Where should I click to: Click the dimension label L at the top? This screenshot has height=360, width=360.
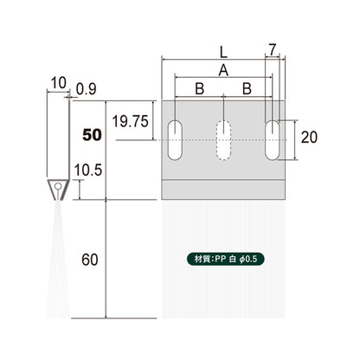point(223,52)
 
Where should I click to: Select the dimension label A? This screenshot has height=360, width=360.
point(223,70)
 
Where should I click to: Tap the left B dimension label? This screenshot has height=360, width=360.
point(200,89)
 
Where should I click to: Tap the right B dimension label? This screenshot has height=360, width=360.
point(247,89)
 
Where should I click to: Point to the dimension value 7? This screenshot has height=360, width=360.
point(273,49)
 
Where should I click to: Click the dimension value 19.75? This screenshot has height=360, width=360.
point(131,121)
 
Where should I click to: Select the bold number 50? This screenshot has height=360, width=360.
point(92,135)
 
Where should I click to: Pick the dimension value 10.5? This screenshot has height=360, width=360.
point(88,170)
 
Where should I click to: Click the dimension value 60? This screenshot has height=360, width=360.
point(90,260)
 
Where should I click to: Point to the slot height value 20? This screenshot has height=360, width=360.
point(309,137)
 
